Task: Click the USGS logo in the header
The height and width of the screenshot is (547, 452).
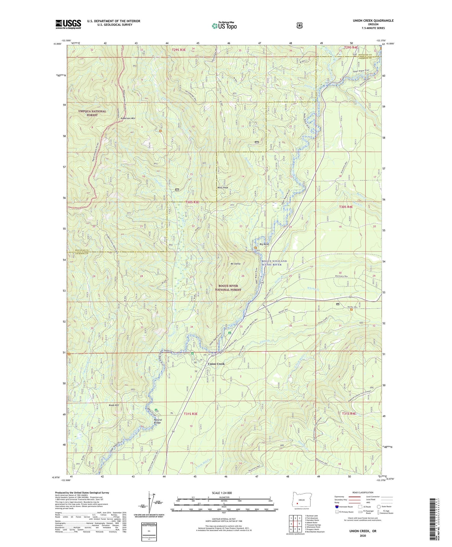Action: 68,24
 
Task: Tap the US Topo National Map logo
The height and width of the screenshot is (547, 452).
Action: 224,26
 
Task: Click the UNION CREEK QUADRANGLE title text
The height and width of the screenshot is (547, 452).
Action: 373,21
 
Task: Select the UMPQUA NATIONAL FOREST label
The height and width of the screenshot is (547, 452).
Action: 92,113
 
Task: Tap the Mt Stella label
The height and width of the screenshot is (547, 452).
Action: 235,264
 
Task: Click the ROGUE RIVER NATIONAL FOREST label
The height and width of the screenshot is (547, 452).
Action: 228,288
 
